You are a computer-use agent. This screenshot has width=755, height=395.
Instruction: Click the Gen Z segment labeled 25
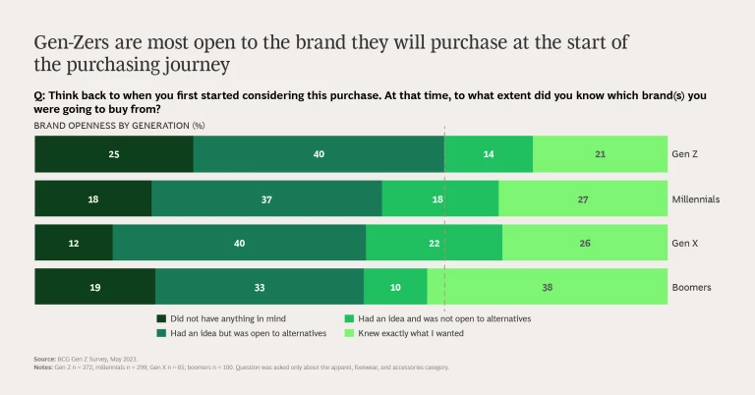114,154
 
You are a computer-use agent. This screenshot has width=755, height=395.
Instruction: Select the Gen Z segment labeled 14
489,154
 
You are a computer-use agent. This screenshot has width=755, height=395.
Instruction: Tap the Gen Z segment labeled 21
601,154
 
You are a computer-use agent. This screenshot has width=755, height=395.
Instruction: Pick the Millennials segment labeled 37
266,198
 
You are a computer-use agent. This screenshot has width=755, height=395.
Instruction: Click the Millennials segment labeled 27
583,198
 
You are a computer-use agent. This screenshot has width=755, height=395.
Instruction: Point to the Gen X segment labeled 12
74,243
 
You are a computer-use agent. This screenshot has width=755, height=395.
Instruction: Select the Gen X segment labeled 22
434,243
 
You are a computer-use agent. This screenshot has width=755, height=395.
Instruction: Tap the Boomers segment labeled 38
548,287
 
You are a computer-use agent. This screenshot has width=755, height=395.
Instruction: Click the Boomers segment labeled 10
395,287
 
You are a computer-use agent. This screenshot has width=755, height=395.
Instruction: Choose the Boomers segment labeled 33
260,287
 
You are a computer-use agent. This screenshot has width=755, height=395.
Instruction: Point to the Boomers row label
692,288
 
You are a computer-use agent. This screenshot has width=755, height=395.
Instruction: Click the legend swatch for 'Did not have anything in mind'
161,319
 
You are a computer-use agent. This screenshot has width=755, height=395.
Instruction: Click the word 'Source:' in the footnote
44,360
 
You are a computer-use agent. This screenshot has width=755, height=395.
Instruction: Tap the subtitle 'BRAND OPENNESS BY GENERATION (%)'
119,126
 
